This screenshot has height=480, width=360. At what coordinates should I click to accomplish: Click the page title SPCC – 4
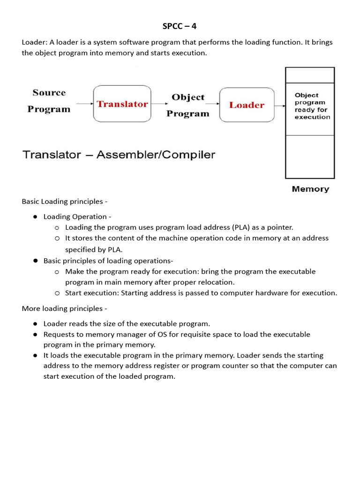pyautogui.click(x=180, y=26)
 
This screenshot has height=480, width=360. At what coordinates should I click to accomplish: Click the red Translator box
pyautogui.click(x=122, y=104)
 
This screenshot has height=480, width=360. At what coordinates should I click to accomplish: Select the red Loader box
pyautogui.click(x=247, y=105)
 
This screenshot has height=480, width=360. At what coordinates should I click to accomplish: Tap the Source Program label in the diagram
pyautogui.click(x=49, y=101)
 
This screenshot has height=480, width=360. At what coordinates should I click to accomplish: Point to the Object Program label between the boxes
pyautogui.click(x=188, y=105)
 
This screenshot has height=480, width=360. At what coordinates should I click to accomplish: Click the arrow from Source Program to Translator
pyautogui.click(x=84, y=104)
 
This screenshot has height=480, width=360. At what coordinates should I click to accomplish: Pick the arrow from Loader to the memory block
pyautogui.click(x=279, y=105)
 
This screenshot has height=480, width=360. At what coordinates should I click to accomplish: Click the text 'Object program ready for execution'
pyautogui.click(x=312, y=106)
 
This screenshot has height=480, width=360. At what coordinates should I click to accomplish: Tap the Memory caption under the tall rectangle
pyautogui.click(x=310, y=189)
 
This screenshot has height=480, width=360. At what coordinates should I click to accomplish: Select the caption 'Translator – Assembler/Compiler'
pyautogui.click(x=119, y=155)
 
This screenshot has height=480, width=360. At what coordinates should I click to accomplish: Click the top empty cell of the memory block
pyautogui.click(x=310, y=75)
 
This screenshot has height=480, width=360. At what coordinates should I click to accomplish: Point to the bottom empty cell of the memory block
pyautogui.click(x=310, y=157)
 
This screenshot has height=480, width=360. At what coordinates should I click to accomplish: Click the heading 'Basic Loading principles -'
pyautogui.click(x=65, y=202)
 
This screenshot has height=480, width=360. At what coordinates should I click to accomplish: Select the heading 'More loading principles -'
pyautogui.click(x=65, y=308)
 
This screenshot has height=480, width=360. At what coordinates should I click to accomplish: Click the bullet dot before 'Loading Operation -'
pyautogui.click(x=35, y=217)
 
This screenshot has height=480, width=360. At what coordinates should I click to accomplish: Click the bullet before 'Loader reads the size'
pyautogui.click(x=35, y=324)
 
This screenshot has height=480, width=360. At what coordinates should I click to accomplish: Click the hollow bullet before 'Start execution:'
pyautogui.click(x=57, y=293)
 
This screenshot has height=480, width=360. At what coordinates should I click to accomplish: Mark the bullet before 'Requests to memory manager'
pyautogui.click(x=35, y=335)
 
